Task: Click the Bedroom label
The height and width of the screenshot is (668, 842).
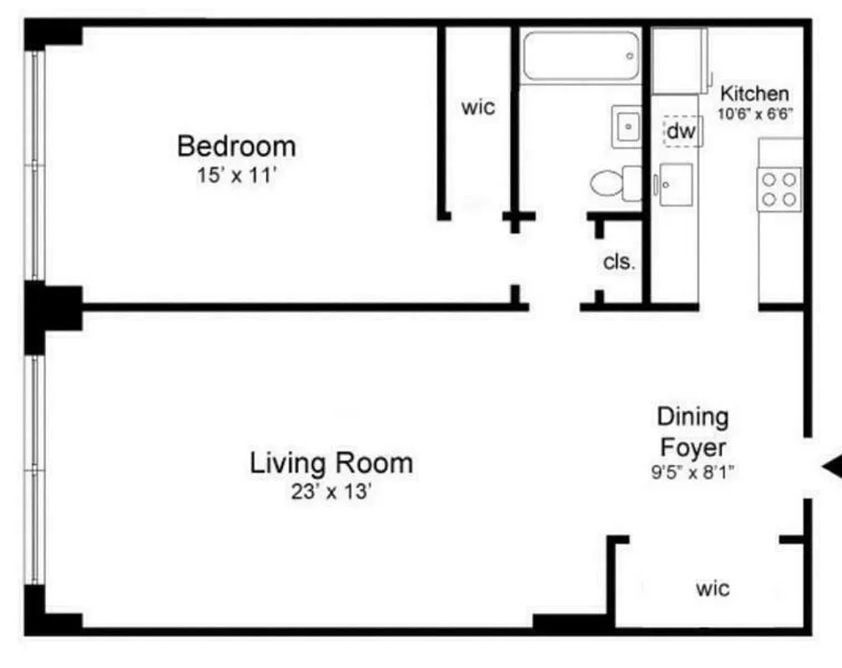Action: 236,146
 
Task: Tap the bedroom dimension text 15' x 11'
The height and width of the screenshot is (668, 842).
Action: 236,176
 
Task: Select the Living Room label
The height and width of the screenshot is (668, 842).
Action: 331,463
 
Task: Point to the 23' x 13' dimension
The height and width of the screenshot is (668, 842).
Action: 331,492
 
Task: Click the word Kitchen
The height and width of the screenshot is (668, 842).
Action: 754,94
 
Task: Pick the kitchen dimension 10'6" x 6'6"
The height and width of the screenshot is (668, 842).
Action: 754,114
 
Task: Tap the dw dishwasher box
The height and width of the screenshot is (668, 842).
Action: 681,131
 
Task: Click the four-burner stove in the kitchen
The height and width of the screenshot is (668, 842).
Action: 779,188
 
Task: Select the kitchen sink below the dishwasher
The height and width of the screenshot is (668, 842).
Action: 676,185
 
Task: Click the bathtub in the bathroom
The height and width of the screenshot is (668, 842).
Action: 581,56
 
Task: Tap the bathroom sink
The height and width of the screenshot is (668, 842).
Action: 626,128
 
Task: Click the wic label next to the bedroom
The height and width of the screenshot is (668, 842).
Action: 478,108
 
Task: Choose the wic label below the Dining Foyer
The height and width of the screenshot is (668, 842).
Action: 713,589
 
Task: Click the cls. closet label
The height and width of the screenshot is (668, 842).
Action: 619,261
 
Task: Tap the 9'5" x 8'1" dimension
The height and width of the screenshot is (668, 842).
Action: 693,472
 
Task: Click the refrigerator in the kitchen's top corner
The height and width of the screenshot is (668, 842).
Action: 678,60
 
